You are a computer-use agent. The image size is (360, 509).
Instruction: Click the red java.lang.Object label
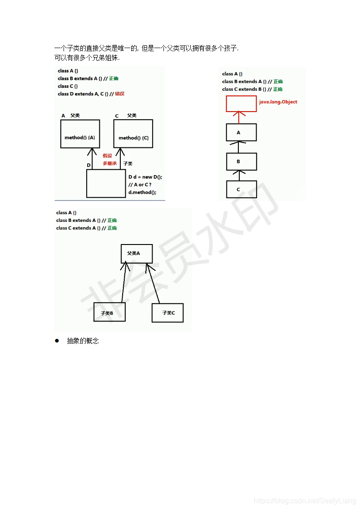(278, 102)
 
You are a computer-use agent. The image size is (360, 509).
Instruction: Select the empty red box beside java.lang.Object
(241, 103)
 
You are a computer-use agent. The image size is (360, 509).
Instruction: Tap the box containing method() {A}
(80, 134)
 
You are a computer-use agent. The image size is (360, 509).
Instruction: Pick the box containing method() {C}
(133, 134)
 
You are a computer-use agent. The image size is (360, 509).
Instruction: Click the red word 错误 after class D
(119, 94)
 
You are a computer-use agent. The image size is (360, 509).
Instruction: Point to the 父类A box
(137, 254)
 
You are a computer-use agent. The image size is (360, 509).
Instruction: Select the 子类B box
(109, 313)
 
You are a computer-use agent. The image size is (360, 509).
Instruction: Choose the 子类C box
(168, 313)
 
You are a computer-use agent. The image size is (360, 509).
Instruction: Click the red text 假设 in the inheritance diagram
(107, 156)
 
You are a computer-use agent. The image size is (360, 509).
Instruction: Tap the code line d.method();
(142, 192)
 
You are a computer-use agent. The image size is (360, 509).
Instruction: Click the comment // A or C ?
(139, 185)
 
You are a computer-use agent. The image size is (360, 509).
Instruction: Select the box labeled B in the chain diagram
(241, 162)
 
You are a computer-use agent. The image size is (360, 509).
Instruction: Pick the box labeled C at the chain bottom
(241, 189)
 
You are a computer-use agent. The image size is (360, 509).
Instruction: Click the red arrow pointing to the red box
(238, 117)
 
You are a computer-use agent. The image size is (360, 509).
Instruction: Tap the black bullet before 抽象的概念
(57, 341)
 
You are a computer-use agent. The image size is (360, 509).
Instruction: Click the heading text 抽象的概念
(83, 341)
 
